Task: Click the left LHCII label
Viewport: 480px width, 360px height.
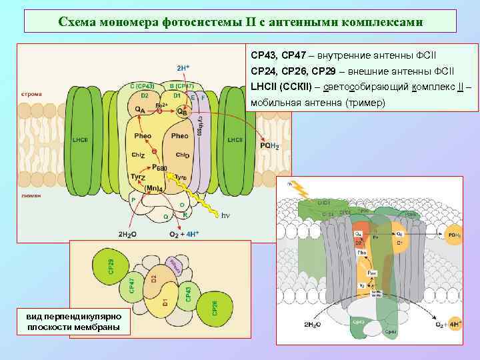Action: click(x=81, y=139)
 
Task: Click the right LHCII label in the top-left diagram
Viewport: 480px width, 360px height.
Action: click(x=235, y=139)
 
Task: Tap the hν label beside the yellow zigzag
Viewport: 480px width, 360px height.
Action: click(x=225, y=216)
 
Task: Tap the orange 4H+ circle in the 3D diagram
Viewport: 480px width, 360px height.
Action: click(x=455, y=325)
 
